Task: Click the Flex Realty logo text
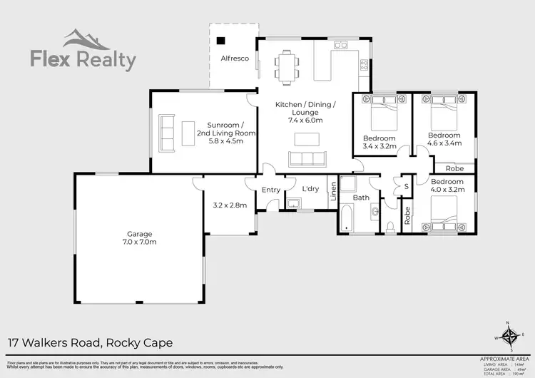point(83,61)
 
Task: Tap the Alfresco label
point(234,58)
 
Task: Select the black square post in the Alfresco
point(221,41)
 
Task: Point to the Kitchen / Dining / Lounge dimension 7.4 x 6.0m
point(305,121)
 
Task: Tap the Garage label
point(141,234)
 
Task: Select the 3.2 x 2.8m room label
point(230,205)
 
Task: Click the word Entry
point(271,190)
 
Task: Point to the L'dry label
point(310,189)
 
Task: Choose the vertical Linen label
point(332,193)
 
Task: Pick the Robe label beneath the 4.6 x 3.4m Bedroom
point(454,169)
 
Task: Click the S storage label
point(406,186)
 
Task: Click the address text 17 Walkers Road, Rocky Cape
point(89,343)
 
